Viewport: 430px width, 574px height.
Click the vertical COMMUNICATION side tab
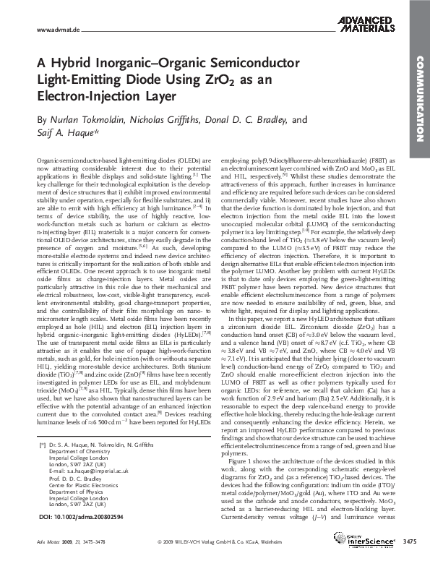click(x=418, y=100)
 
